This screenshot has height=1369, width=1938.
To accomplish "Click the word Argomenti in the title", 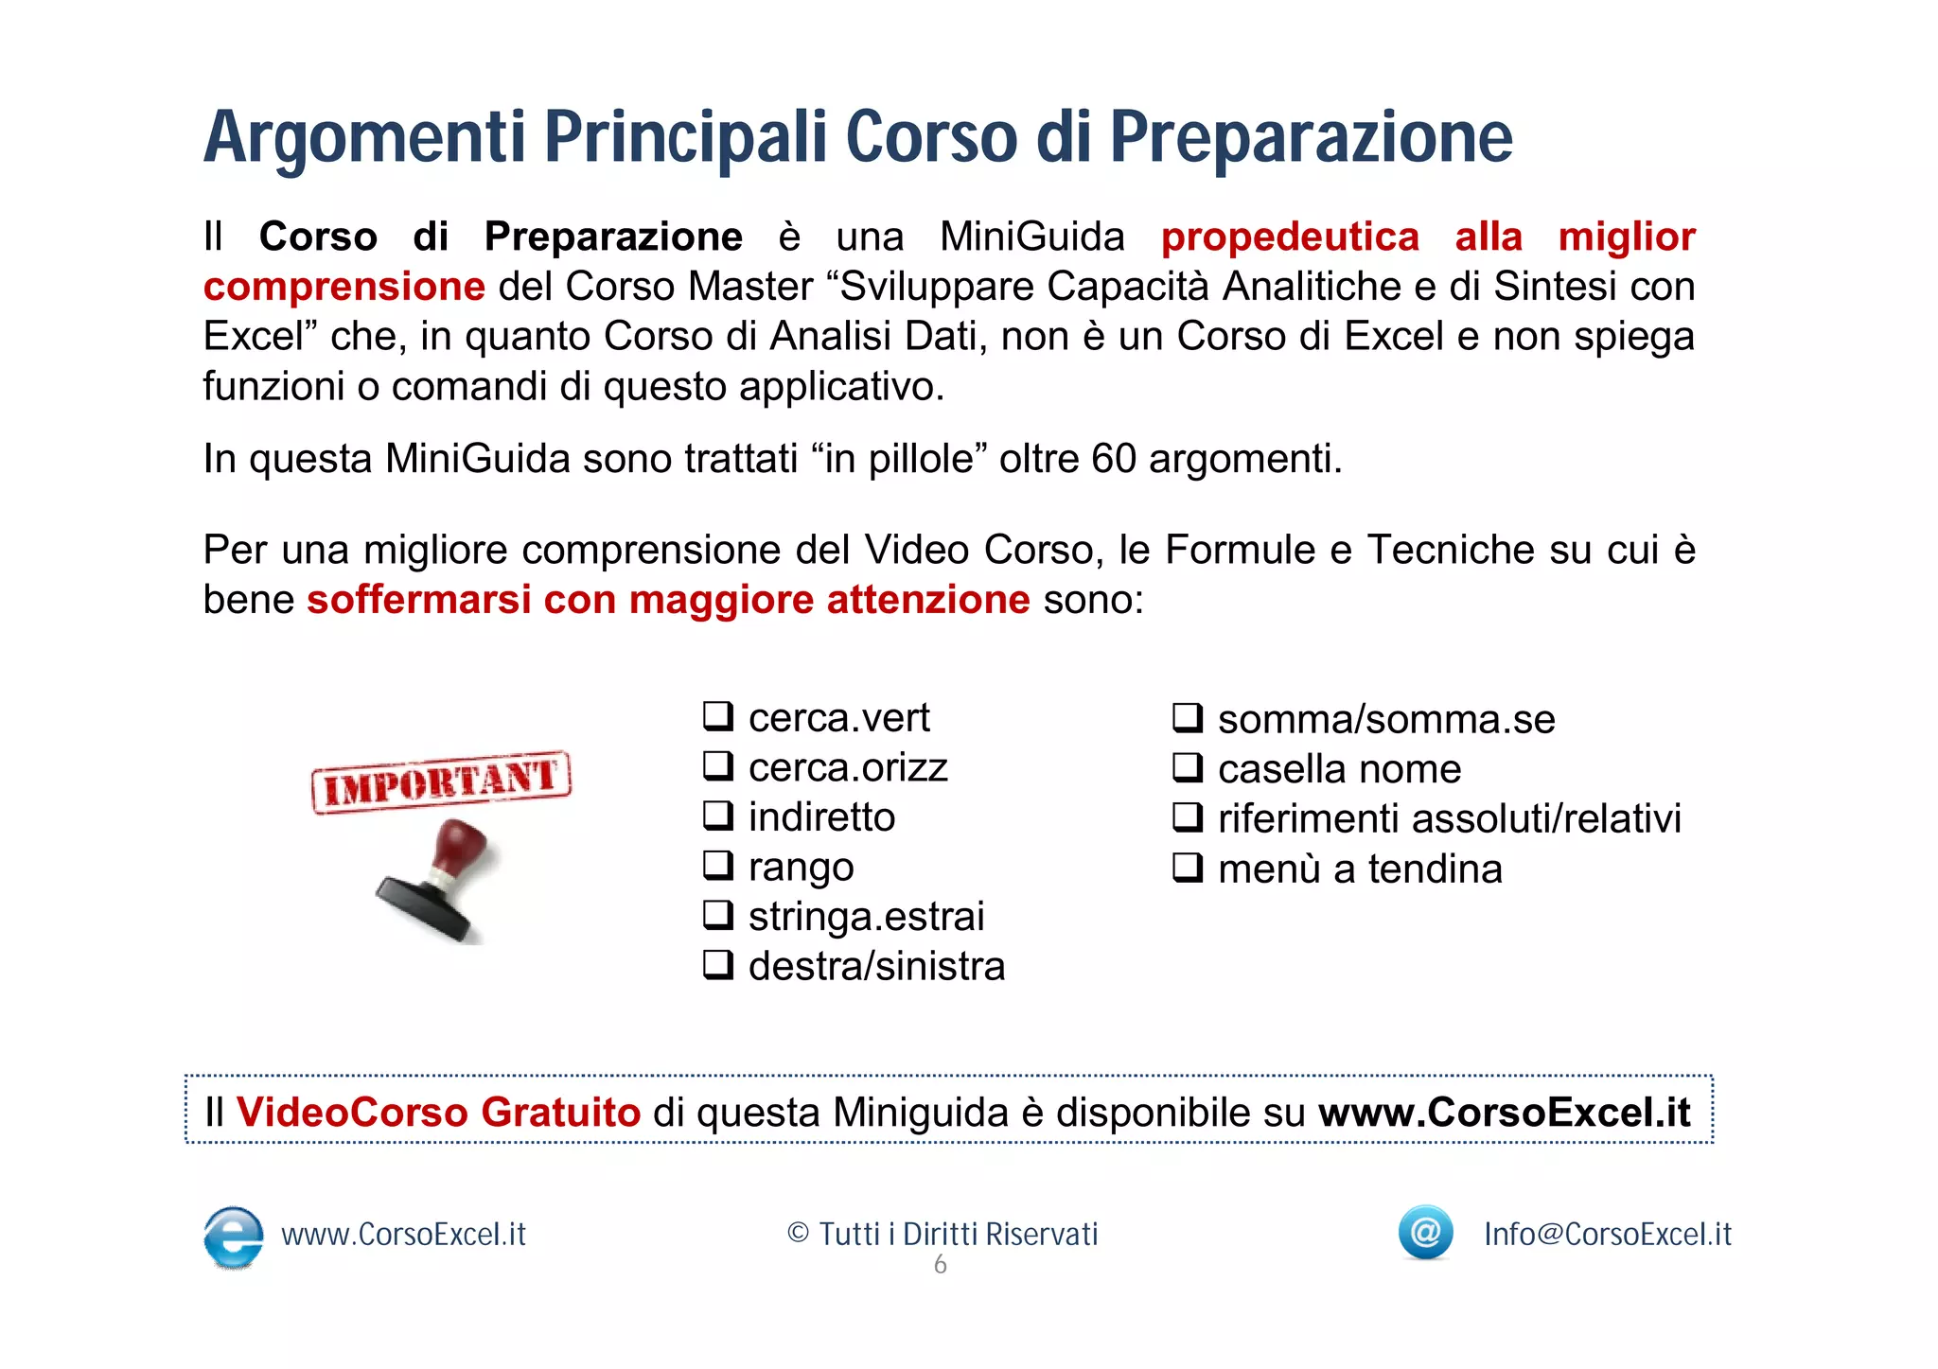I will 363,138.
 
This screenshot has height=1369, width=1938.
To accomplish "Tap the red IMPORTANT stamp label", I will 441,781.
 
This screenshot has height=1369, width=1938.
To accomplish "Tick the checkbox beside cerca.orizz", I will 718,765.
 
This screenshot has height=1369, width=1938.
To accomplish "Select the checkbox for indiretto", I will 718,816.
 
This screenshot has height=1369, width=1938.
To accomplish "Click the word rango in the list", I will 801,868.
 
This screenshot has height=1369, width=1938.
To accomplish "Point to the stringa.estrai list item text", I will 866,917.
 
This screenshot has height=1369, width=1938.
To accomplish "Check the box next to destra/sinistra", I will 718,965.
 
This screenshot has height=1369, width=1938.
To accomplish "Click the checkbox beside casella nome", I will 1188,767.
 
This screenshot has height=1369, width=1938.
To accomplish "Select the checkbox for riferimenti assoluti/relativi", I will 1188,816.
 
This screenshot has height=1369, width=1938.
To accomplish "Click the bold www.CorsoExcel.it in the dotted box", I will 1504,1113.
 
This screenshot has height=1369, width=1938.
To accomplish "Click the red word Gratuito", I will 560,1113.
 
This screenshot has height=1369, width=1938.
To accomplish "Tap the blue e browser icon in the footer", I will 234,1236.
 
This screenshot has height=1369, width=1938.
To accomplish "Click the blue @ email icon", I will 1425,1232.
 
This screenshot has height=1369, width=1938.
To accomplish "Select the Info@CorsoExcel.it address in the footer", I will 1607,1235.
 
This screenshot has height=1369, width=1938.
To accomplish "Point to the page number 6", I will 940,1265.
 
